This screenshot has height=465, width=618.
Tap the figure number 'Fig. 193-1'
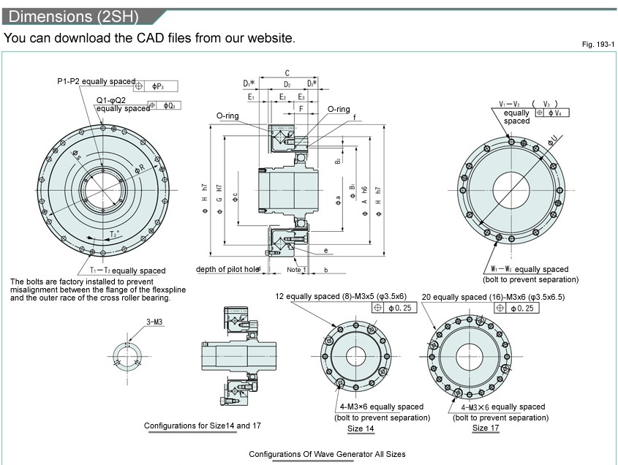click(598, 45)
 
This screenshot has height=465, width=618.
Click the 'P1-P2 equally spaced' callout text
click(97, 81)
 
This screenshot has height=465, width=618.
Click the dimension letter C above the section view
click(287, 73)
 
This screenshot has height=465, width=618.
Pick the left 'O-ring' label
click(227, 116)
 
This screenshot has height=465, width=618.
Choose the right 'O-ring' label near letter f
click(338, 109)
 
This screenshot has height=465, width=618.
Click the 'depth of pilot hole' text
click(227, 269)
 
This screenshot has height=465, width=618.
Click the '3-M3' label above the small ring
click(155, 321)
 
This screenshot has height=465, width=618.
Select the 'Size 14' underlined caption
click(360, 428)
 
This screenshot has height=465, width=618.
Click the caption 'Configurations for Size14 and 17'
click(192, 426)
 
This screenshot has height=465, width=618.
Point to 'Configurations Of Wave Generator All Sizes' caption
click(327, 454)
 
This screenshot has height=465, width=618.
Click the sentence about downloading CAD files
click(150, 38)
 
